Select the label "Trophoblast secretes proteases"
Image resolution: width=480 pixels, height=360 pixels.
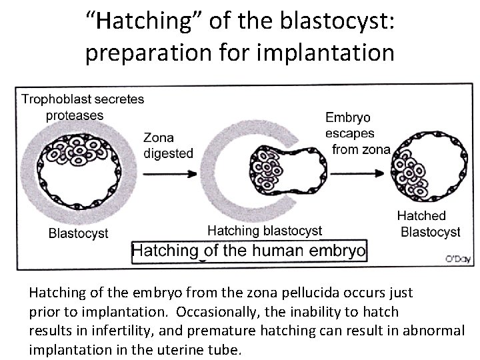point(83,107)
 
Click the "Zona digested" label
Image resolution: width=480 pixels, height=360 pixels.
point(168,145)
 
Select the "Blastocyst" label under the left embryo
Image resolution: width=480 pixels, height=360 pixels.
point(78,233)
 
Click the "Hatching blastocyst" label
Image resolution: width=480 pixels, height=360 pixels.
point(265,231)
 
